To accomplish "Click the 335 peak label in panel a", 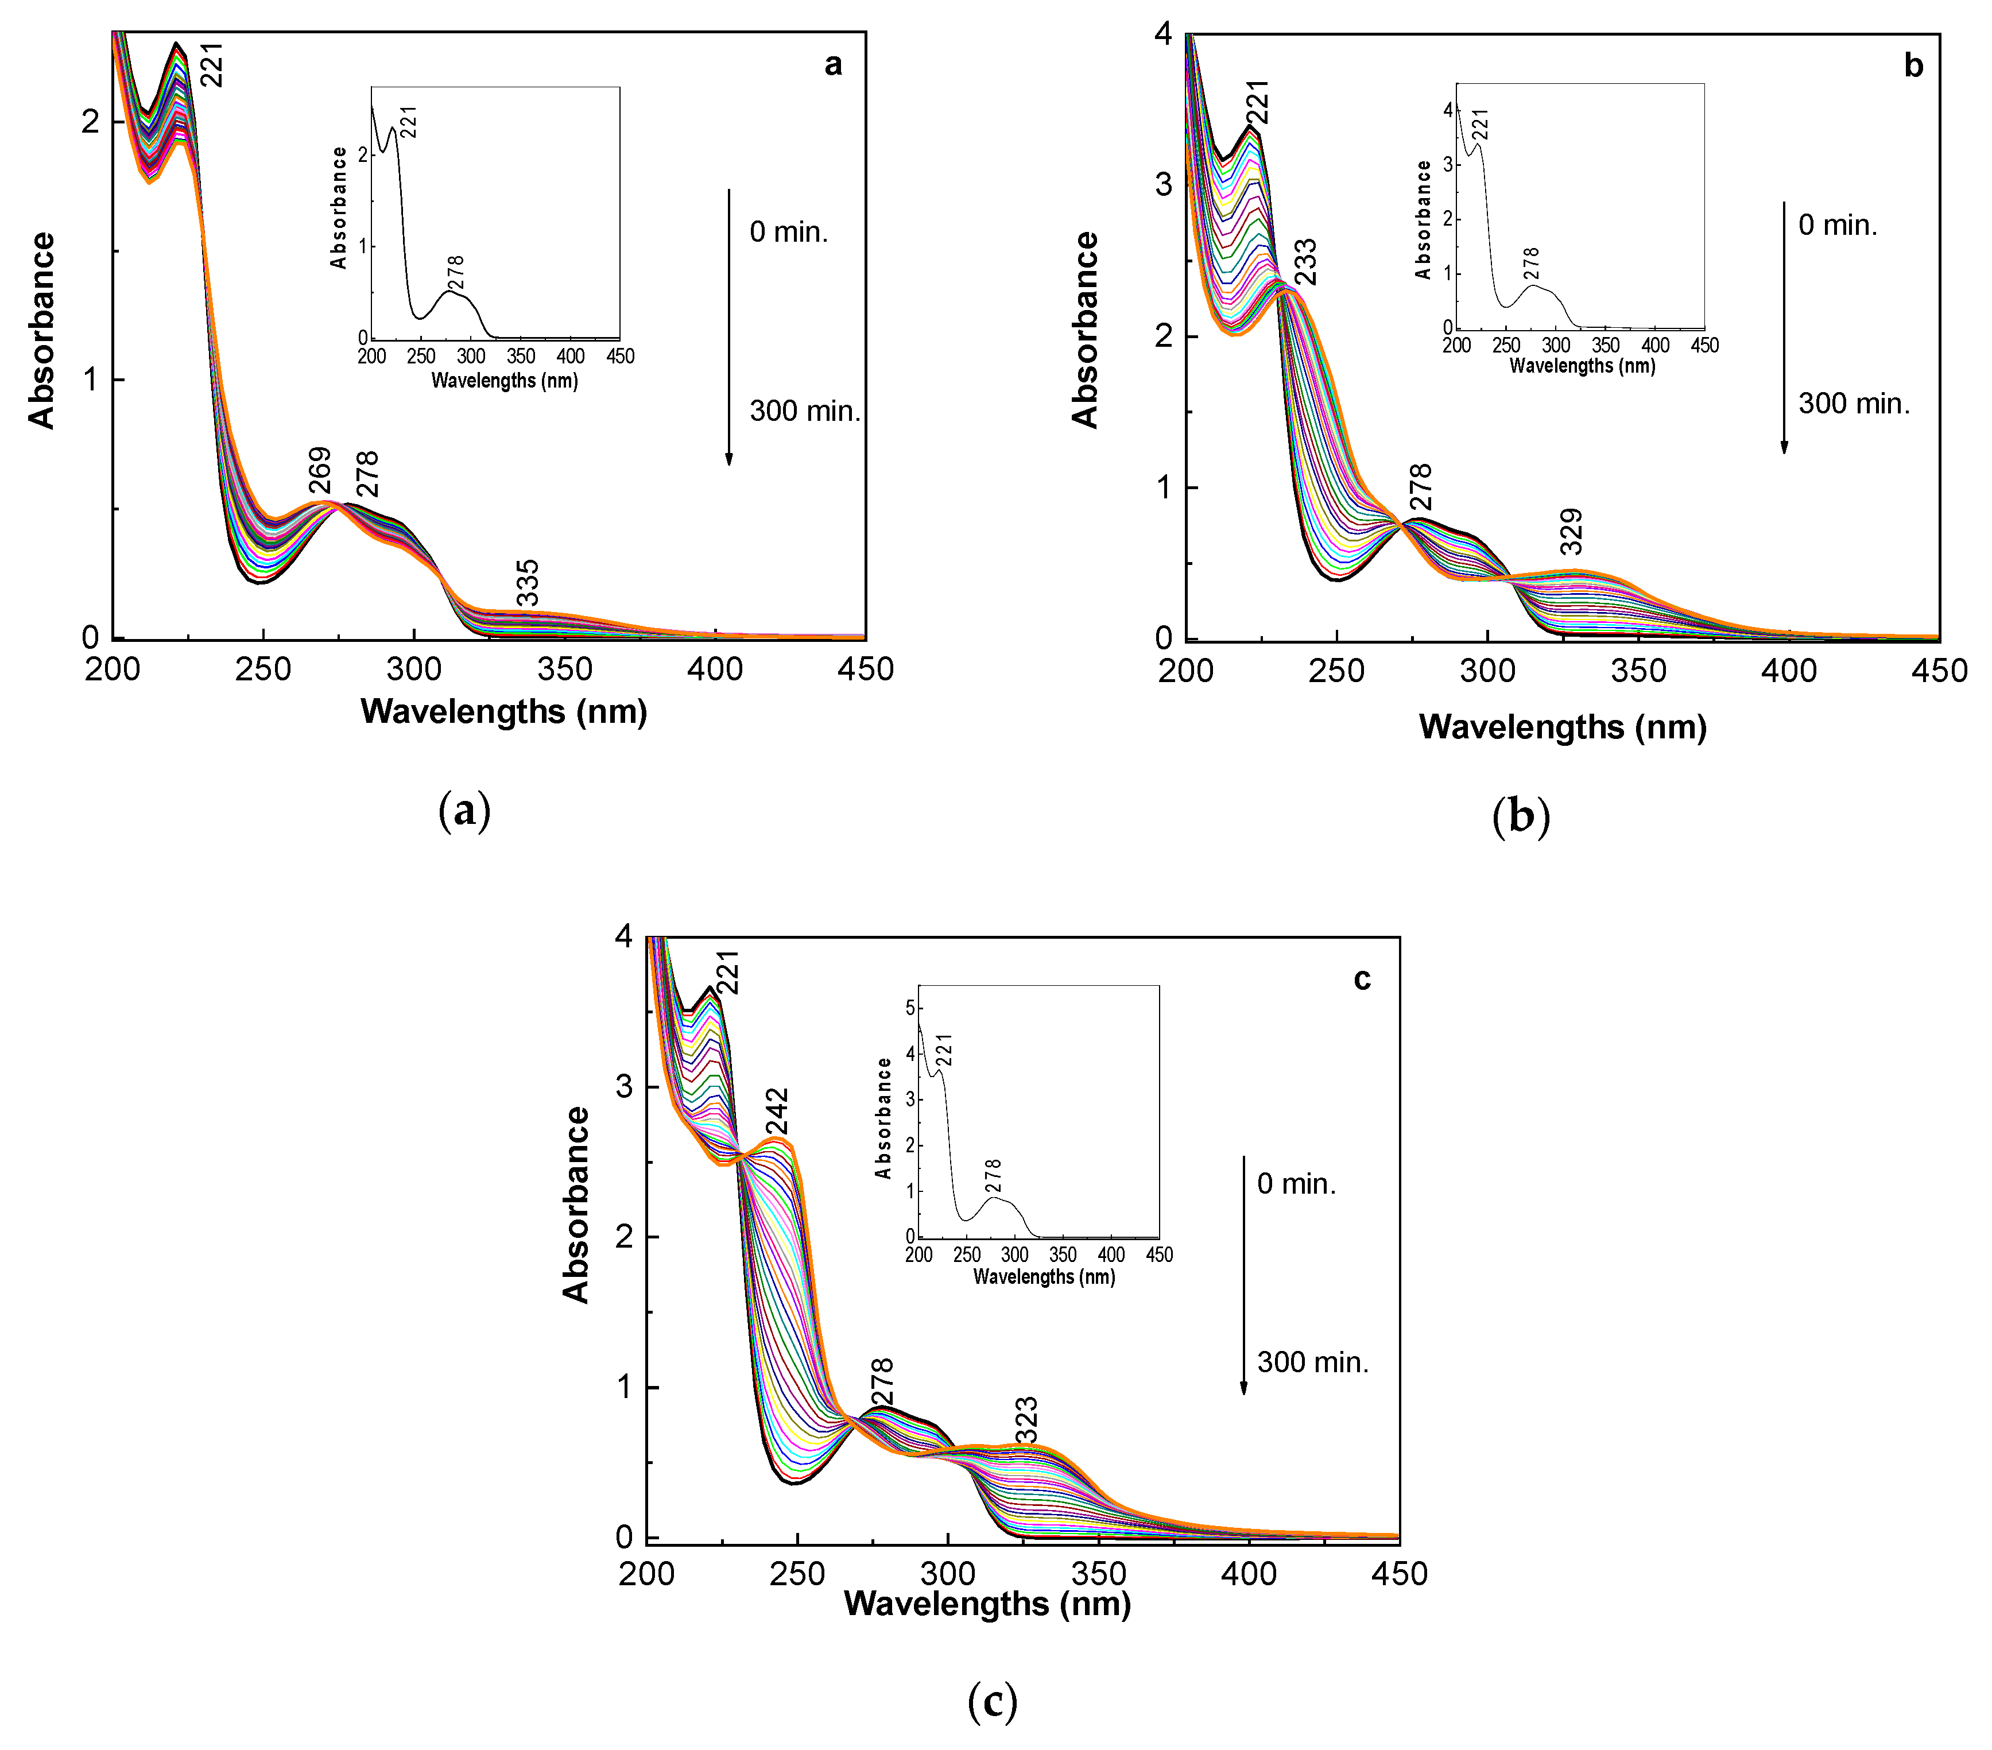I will (x=526, y=582).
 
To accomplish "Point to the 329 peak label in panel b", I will (x=1570, y=531).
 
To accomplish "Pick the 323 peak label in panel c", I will (x=1025, y=1420).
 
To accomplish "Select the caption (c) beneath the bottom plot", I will (x=992, y=1701).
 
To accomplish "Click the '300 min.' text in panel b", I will (x=1854, y=404).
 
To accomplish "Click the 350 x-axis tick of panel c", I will (x=1098, y=1574).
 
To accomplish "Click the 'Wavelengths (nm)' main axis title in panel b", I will (x=1562, y=726).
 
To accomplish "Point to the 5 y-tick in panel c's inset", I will (x=910, y=1008).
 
